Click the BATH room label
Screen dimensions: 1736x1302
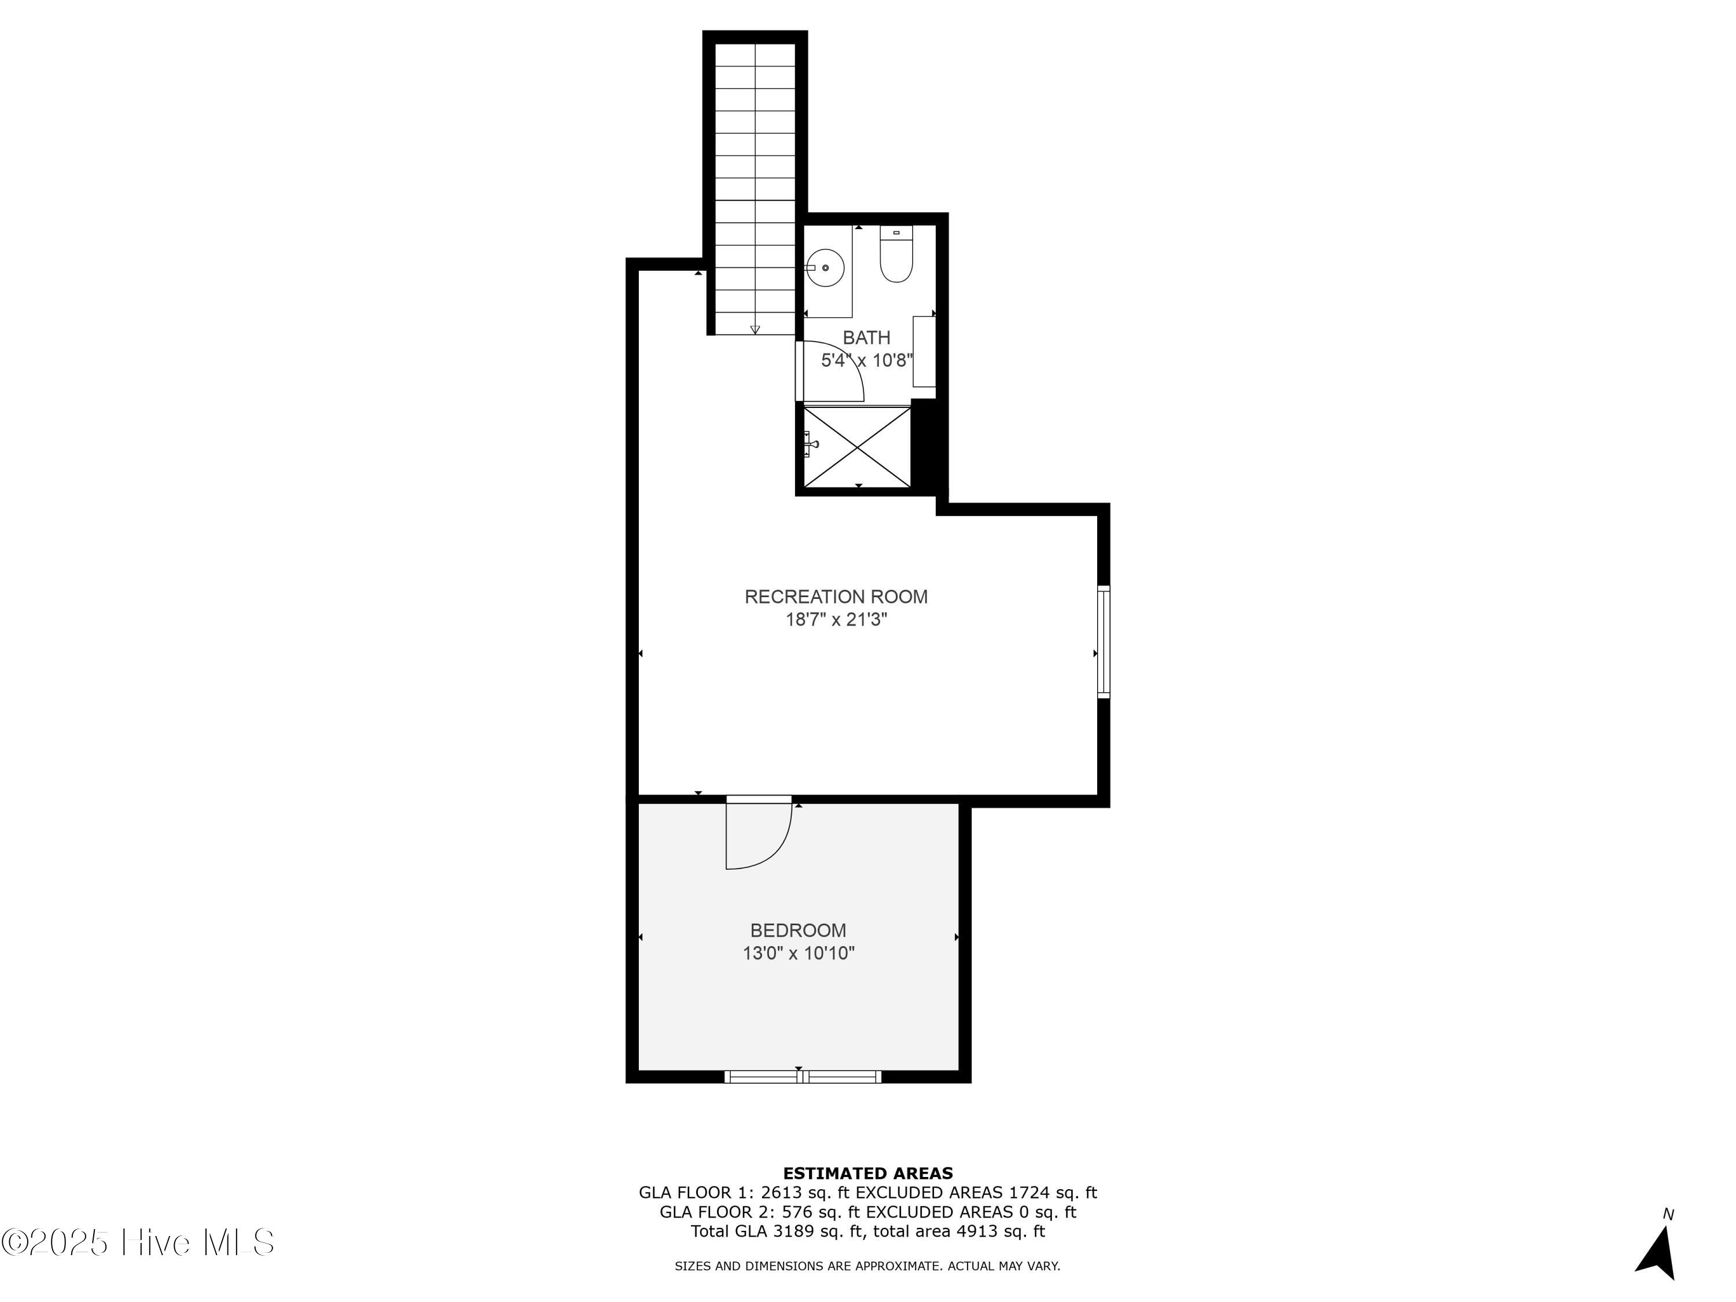point(866,337)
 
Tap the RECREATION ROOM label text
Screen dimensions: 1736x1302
point(836,597)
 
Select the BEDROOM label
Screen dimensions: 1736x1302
point(798,930)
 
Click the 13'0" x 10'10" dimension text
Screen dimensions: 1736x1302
point(798,954)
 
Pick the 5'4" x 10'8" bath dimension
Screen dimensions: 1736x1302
point(866,361)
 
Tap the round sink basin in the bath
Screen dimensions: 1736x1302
point(825,267)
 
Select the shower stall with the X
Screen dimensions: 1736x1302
point(857,446)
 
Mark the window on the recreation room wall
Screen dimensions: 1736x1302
point(1104,641)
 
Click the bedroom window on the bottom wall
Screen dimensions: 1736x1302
point(802,1077)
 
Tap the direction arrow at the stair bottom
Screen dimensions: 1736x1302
point(755,330)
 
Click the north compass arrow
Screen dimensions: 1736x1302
point(1658,1253)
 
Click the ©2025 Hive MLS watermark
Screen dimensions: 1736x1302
point(138,1242)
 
